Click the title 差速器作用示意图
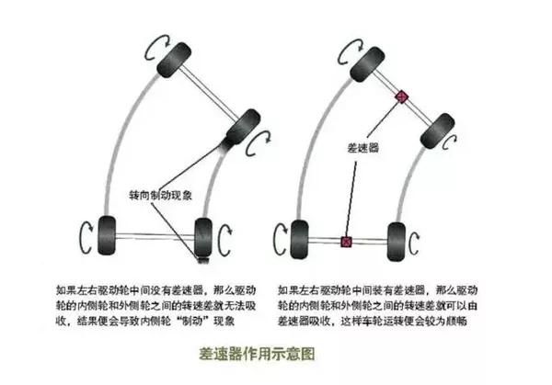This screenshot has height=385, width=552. coord(257,354)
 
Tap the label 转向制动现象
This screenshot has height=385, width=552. coord(160,195)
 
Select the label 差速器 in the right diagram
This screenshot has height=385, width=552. coord(363,148)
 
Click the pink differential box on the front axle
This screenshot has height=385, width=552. coord(402,96)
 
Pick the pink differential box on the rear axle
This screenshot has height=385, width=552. coord(347,242)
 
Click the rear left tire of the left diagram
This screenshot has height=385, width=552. coord(107,235)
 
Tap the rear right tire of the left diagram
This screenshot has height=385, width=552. coord(203,238)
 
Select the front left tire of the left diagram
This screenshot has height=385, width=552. coord(174,60)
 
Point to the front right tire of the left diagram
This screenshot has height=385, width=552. coord(243,128)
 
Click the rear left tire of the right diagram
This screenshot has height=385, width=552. coord(299,239)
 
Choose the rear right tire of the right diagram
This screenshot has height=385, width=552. coord(397,242)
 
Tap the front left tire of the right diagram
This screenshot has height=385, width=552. coord(368,64)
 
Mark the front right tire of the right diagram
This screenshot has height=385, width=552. coord(438,130)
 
